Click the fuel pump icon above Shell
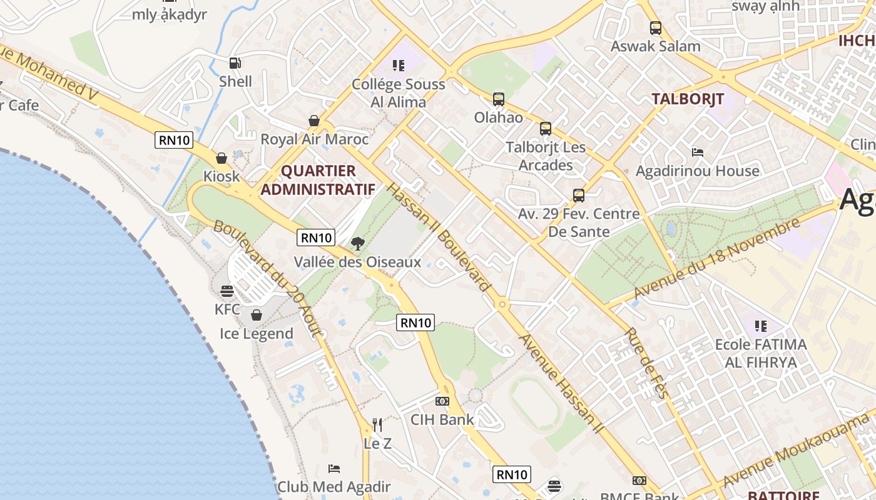[x=235, y=62]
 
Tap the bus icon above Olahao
[x=499, y=99]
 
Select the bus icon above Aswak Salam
[x=656, y=27]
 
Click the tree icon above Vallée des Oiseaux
[x=358, y=243]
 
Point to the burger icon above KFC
[x=227, y=291]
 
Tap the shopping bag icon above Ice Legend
[x=256, y=314]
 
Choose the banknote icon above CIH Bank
[x=442, y=401]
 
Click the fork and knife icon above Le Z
[x=377, y=425]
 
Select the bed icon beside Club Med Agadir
[x=334, y=468]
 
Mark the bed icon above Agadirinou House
[x=698, y=152]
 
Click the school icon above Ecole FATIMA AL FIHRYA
[x=760, y=326]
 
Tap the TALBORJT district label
[x=688, y=99]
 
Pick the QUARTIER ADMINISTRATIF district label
[x=318, y=180]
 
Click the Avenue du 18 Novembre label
[x=717, y=258]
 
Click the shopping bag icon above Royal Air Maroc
[x=314, y=120]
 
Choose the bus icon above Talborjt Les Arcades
[x=546, y=129]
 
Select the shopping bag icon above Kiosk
[x=221, y=158]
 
